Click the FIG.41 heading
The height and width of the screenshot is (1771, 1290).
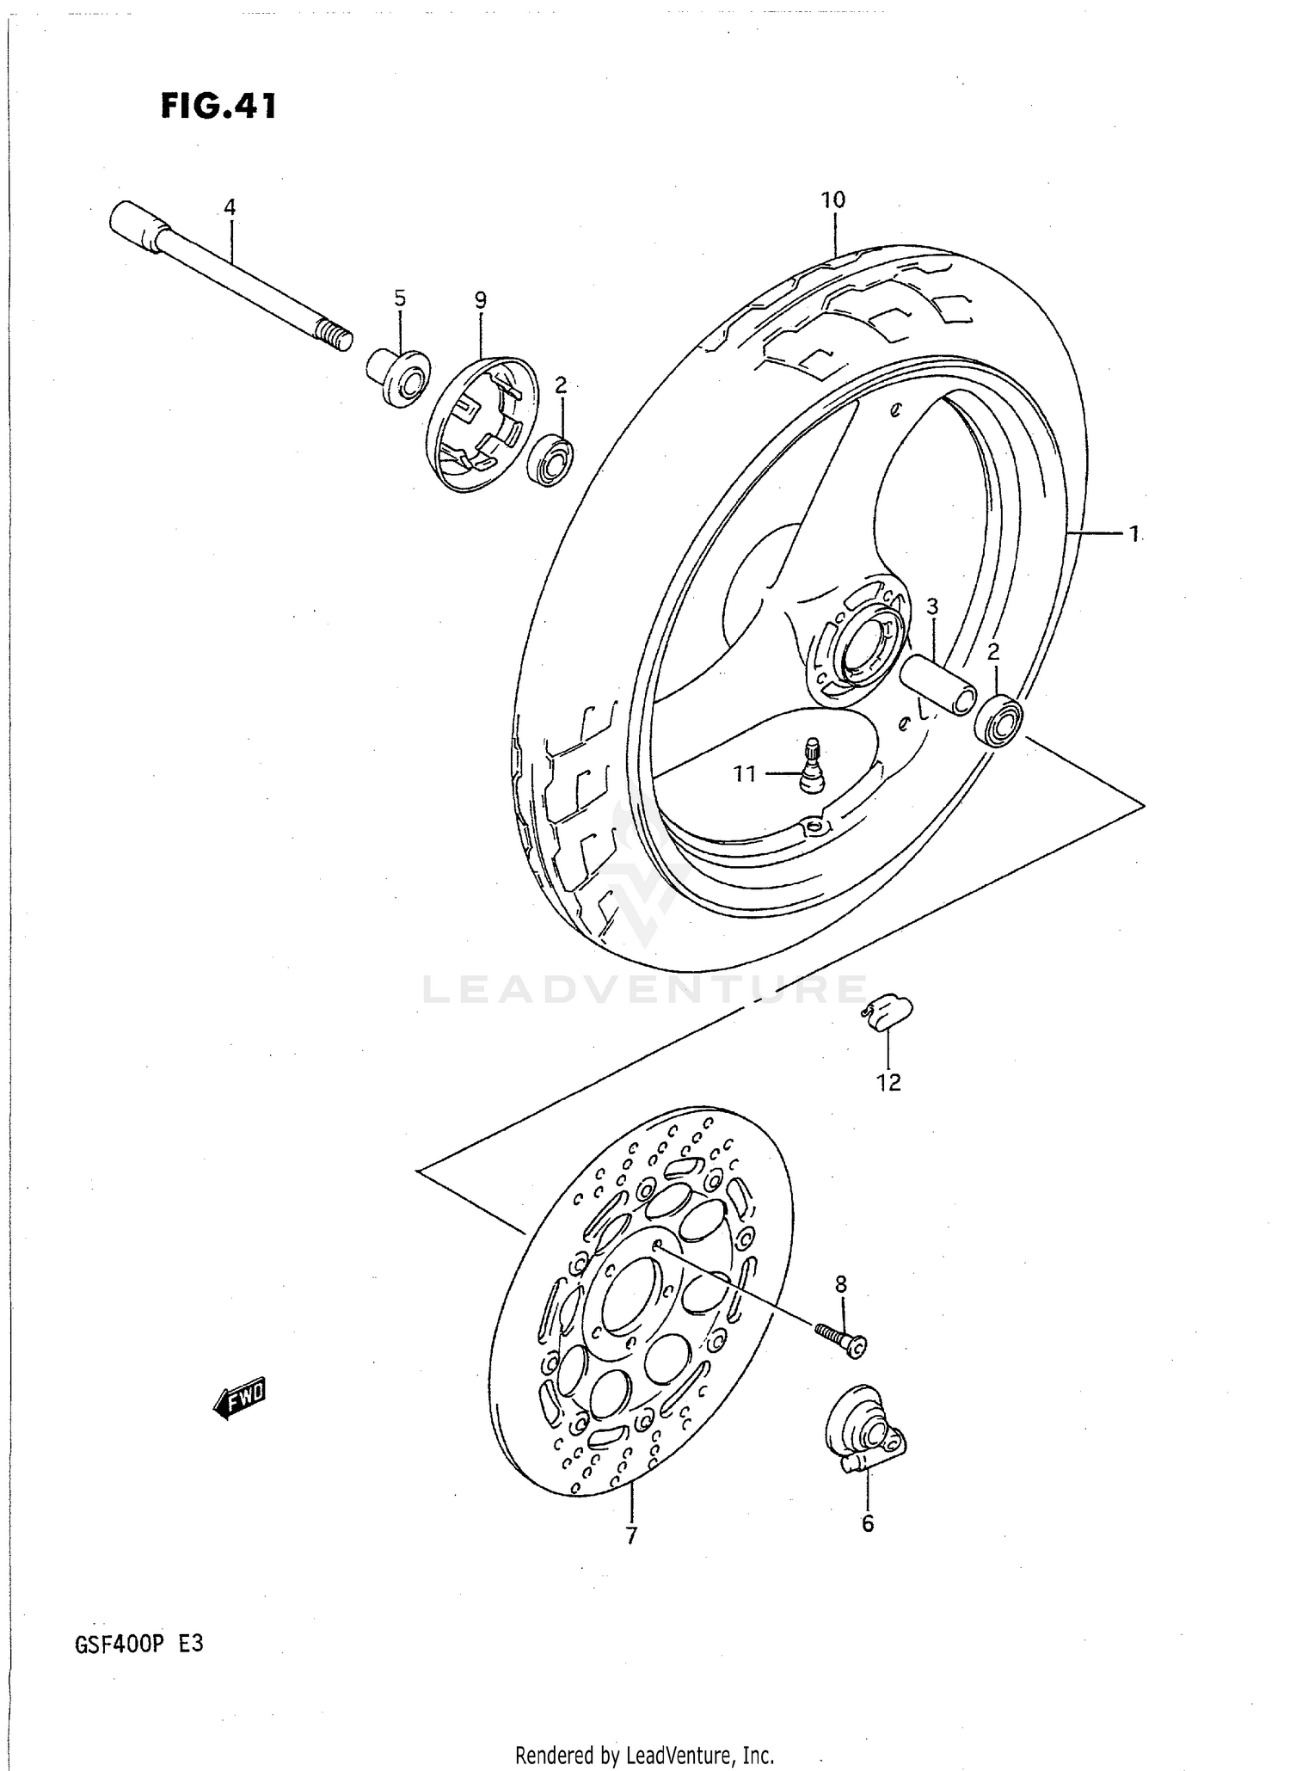[218, 107]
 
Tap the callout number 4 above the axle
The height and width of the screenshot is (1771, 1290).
[229, 207]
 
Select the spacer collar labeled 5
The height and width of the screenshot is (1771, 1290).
[400, 377]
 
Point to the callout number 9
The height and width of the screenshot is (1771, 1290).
[480, 300]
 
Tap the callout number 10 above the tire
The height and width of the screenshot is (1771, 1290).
[832, 200]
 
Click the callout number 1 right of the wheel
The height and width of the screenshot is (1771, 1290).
[1134, 534]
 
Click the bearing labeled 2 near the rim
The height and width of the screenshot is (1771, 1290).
[998, 721]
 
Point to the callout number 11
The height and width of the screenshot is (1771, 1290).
[745, 774]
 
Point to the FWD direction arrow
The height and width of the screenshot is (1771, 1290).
[240, 1402]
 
